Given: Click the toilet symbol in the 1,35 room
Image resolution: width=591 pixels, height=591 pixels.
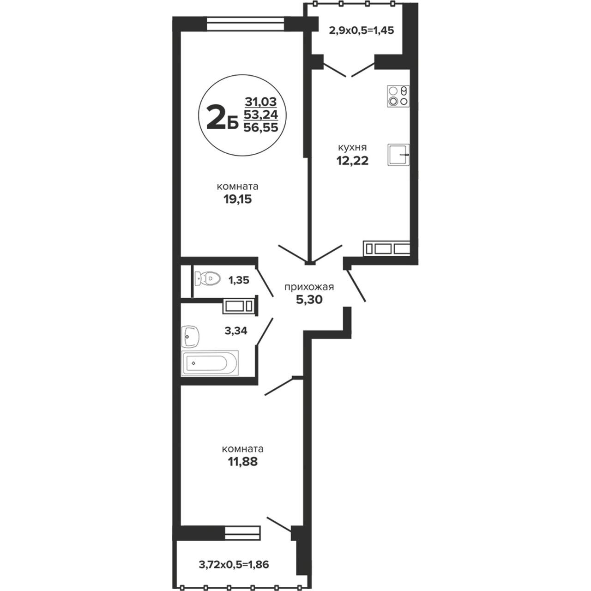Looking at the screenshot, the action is click(x=207, y=278).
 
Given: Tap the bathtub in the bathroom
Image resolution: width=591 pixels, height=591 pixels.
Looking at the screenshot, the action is click(x=210, y=363).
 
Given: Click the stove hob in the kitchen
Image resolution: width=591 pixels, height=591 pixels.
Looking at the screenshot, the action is click(x=398, y=96).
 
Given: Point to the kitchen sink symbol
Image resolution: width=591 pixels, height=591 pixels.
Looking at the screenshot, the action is click(x=398, y=155).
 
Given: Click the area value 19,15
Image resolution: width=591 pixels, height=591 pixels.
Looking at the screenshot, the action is click(x=237, y=199).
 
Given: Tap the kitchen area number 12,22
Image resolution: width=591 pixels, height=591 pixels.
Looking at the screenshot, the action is click(x=352, y=160).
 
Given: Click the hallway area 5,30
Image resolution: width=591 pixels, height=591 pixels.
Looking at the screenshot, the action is click(x=309, y=299).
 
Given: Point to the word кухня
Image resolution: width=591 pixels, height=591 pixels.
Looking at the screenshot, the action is click(x=352, y=148).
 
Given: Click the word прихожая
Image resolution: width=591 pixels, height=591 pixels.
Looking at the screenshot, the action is click(x=309, y=287).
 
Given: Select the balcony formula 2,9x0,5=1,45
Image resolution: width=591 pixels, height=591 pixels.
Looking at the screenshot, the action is click(x=361, y=30).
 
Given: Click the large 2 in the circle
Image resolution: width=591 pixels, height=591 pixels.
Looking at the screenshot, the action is click(x=217, y=117).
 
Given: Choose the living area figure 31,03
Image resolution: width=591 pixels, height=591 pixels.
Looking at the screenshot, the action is click(x=261, y=101).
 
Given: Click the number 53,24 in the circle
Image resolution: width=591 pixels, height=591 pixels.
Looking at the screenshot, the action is click(x=261, y=115).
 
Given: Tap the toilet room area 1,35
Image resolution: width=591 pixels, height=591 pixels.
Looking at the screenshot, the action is click(x=239, y=280).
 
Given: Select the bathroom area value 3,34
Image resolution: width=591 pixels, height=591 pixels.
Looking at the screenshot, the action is click(x=236, y=331).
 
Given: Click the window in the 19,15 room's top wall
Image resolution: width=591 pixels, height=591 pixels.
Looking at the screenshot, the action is click(x=245, y=24).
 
